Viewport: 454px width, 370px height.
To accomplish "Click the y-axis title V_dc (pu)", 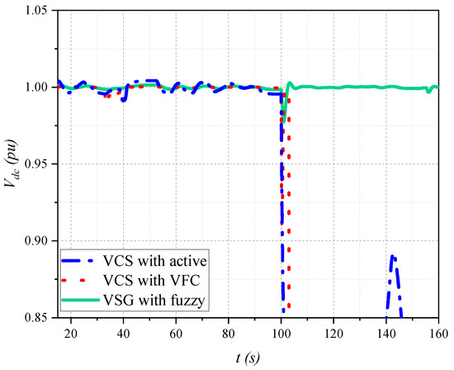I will (12, 164).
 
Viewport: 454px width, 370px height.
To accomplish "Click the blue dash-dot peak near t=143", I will (394, 258).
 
